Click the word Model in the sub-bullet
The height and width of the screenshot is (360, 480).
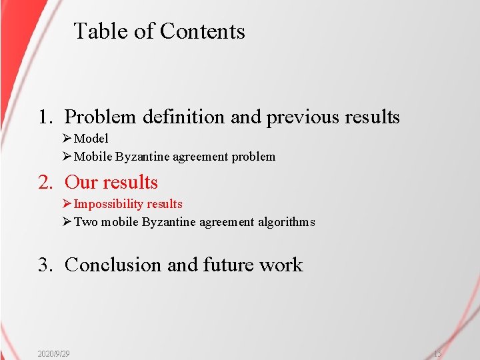91,139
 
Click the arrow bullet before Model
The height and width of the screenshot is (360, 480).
66,139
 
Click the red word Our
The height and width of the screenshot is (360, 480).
81,183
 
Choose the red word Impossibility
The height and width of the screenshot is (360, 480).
109,204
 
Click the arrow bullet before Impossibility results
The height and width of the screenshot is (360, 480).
66,204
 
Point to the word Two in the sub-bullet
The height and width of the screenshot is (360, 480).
85,222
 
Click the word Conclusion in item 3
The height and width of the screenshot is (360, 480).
113,265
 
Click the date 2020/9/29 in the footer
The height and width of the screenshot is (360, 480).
54,353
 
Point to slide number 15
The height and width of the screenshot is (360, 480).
437,353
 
